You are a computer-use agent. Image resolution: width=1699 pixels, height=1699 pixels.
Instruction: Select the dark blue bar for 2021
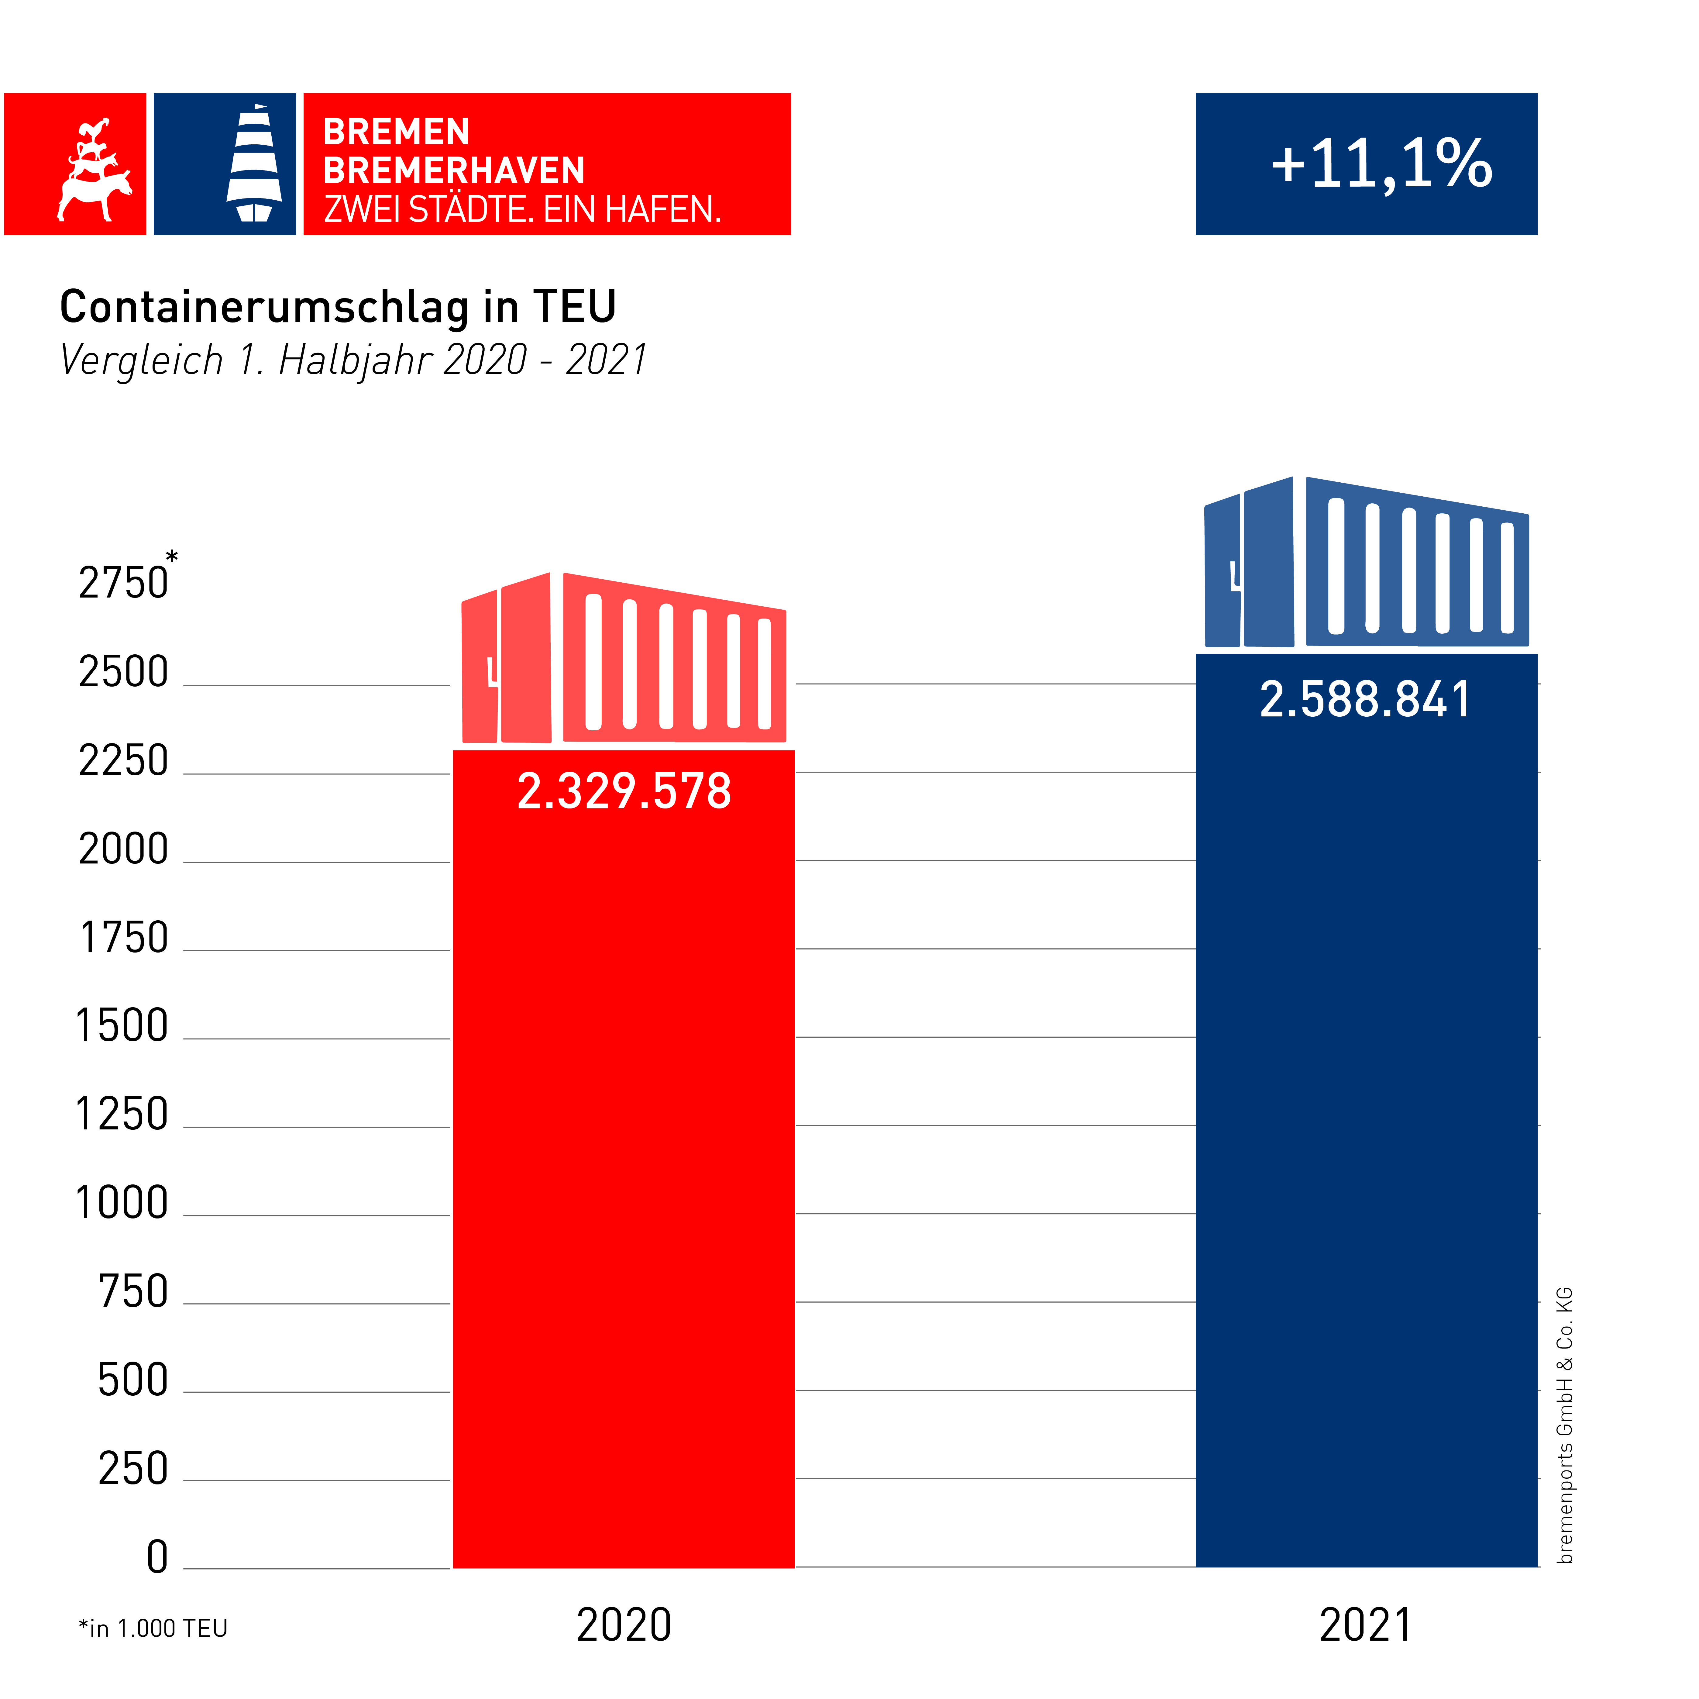coord(1366,1143)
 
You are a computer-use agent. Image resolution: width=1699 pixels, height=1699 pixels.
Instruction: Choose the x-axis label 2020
coord(624,1625)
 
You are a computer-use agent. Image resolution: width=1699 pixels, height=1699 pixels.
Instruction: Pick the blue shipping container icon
coord(1366,563)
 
